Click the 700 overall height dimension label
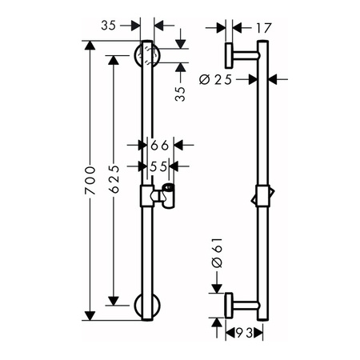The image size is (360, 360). pyautogui.click(x=90, y=180)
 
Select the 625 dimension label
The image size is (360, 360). pyautogui.click(x=114, y=179)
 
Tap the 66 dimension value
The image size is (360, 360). pyautogui.click(x=160, y=146)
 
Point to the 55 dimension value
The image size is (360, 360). pyautogui.click(x=158, y=166)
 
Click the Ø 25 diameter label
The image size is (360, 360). pyautogui.click(x=215, y=79)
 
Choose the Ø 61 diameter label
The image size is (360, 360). pyautogui.click(x=217, y=253)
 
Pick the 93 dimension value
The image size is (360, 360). pyautogui.click(x=244, y=333)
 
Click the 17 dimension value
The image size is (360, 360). pyautogui.click(x=263, y=28)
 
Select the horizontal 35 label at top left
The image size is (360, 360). pyautogui.click(x=109, y=26)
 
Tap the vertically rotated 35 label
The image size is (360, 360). pyautogui.click(x=180, y=94)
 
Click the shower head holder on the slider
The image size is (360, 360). pyautogui.click(x=166, y=195)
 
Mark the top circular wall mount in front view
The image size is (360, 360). pyautogui.click(x=147, y=56)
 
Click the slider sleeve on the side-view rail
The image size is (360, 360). pyautogui.click(x=263, y=196)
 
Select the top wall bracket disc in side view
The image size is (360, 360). pyautogui.click(x=229, y=55)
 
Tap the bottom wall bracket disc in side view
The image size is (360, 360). pyautogui.click(x=229, y=306)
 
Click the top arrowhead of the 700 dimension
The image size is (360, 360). pyautogui.click(x=90, y=46)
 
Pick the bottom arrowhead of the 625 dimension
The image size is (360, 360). pyautogui.click(x=114, y=301)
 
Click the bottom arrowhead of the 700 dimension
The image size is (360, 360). pyautogui.click(x=90, y=316)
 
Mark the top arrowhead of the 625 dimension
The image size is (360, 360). pyautogui.click(x=114, y=60)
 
